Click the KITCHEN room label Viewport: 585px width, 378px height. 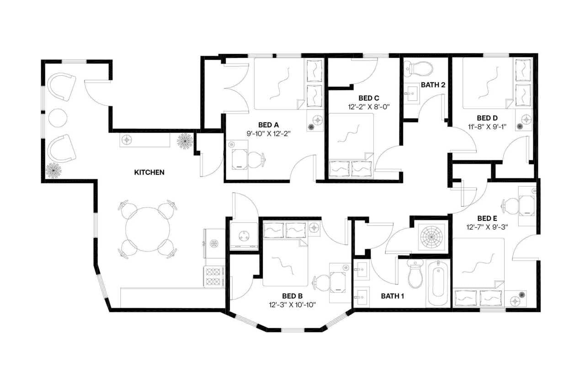click(x=149, y=173)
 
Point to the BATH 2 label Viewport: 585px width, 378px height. click(x=432, y=85)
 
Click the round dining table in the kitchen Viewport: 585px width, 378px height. click(x=148, y=230)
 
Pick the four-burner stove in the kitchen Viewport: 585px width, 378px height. click(x=213, y=277)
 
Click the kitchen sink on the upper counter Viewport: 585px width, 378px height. click(x=127, y=140)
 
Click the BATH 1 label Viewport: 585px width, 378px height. click(x=393, y=296)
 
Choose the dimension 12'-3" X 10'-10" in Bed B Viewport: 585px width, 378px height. click(x=292, y=304)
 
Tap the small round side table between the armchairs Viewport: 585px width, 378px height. click(x=58, y=118)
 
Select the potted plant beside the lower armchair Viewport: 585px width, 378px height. click(x=54, y=171)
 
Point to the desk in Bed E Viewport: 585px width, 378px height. click(x=526, y=205)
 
